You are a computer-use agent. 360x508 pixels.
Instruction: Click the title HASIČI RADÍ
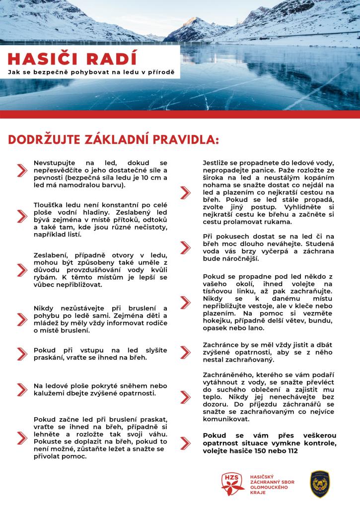click(72, 58)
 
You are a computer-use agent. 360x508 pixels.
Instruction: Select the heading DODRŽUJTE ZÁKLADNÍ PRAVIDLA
click(113, 139)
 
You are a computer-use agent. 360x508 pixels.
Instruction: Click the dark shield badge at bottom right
click(320, 484)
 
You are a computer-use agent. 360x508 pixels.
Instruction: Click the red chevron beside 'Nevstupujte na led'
click(22, 170)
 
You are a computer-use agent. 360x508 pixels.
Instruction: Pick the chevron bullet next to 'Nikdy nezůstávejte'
click(22, 317)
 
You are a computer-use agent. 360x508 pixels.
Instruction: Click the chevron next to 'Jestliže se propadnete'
click(185, 192)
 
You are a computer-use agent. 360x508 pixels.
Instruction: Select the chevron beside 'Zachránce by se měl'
click(185, 352)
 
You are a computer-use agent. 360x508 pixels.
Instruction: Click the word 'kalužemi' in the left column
click(51, 393)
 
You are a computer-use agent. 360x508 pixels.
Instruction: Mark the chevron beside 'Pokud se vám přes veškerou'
click(185, 443)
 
